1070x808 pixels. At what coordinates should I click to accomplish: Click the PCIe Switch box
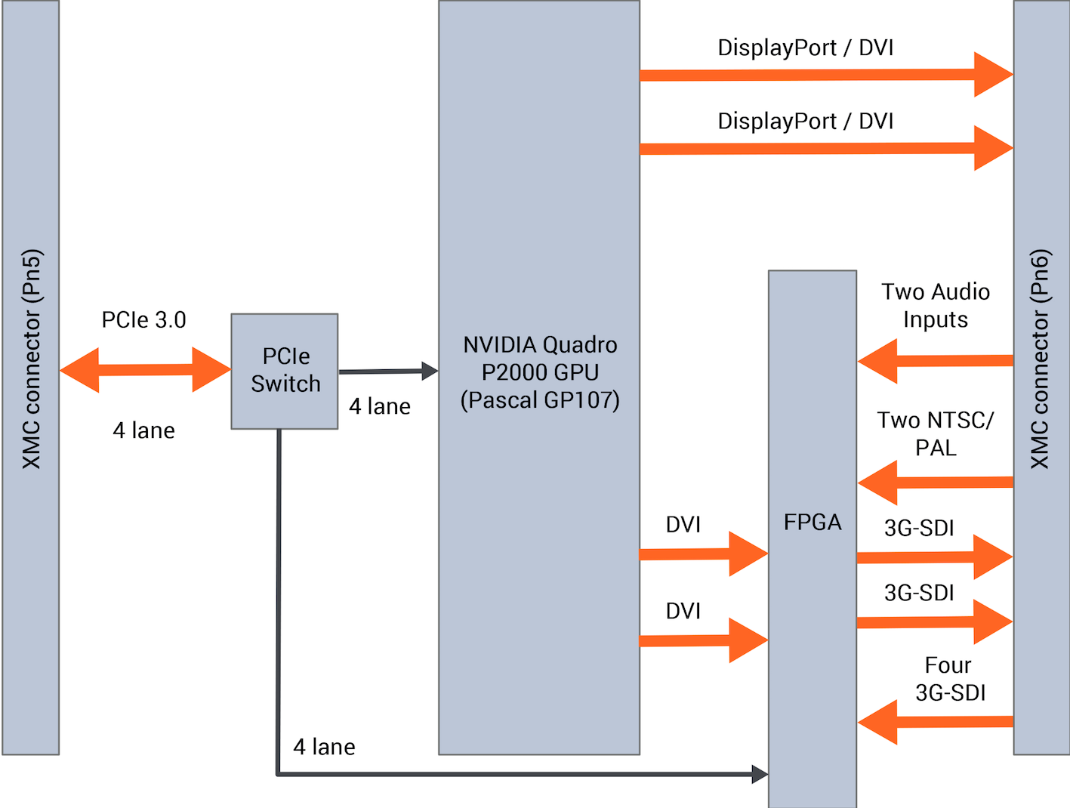coord(285,371)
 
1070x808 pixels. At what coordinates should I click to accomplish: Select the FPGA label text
coord(812,522)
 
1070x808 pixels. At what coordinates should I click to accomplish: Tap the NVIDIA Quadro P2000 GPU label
coord(540,372)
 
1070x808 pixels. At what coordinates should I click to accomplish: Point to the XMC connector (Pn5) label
coord(31,359)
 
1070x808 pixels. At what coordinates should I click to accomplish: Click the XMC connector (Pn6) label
coord(1040,359)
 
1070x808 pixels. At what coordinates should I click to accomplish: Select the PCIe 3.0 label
coord(143,320)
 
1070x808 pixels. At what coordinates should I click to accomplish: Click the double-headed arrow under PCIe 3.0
coord(145,369)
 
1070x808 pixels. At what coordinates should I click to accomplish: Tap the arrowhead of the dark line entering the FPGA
coord(760,773)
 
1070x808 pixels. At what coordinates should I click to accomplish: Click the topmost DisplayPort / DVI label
coord(805,48)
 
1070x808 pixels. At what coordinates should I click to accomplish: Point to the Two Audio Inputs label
coord(936,306)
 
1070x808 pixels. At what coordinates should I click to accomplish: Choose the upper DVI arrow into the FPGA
coord(703,554)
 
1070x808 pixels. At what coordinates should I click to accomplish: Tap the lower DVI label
coord(683,610)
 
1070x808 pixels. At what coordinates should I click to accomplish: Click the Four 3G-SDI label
coord(949,679)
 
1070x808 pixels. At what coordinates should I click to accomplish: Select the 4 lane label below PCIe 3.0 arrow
coord(143,430)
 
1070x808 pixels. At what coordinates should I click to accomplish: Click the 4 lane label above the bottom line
coord(324,747)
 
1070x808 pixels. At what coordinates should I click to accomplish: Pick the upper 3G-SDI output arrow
coord(934,557)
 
